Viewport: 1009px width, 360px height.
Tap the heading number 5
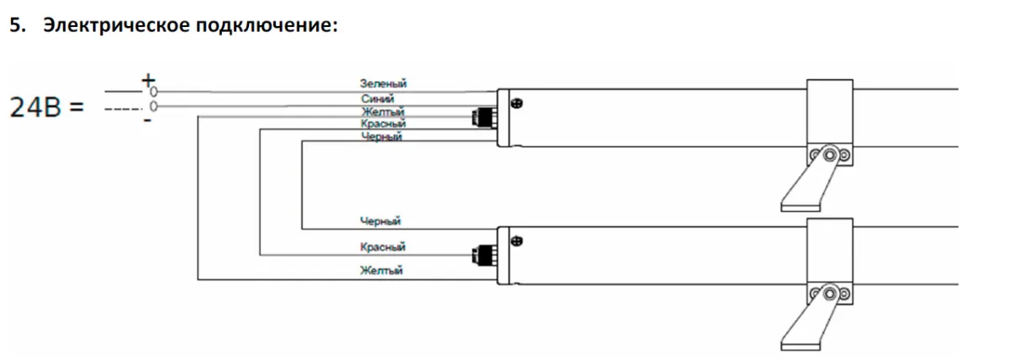tap(17, 25)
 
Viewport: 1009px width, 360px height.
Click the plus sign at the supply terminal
tap(148, 81)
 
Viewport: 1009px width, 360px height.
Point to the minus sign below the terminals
tap(147, 119)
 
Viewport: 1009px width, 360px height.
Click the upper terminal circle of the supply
tap(154, 92)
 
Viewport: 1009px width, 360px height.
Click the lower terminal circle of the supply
tap(154, 106)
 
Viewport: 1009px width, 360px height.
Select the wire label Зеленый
tap(383, 83)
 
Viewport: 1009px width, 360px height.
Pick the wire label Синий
tap(378, 98)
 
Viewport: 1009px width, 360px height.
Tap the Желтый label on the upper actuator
tap(383, 111)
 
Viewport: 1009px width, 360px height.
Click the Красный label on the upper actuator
tap(383, 124)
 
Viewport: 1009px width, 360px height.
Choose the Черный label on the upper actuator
tap(382, 136)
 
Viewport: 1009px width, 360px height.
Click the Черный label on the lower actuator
tap(380, 220)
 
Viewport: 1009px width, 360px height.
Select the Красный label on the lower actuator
tap(383, 247)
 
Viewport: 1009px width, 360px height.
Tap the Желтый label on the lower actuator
tap(382, 270)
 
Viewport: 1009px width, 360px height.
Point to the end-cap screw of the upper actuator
tap(517, 103)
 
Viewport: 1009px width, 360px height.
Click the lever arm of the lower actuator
tap(806, 320)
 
